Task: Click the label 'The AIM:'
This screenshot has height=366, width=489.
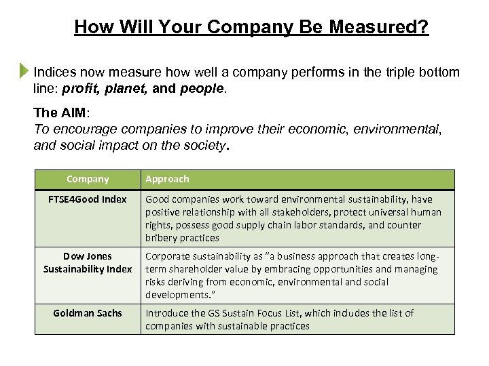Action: (x=57, y=114)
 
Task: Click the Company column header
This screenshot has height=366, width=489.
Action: (x=88, y=179)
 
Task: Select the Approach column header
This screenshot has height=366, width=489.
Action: (x=167, y=179)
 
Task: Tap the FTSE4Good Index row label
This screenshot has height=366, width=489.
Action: (x=88, y=199)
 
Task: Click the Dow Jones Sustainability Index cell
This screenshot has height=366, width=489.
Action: (x=88, y=263)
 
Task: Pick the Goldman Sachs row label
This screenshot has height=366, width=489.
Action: (x=88, y=313)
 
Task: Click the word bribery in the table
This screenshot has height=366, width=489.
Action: (x=162, y=238)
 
